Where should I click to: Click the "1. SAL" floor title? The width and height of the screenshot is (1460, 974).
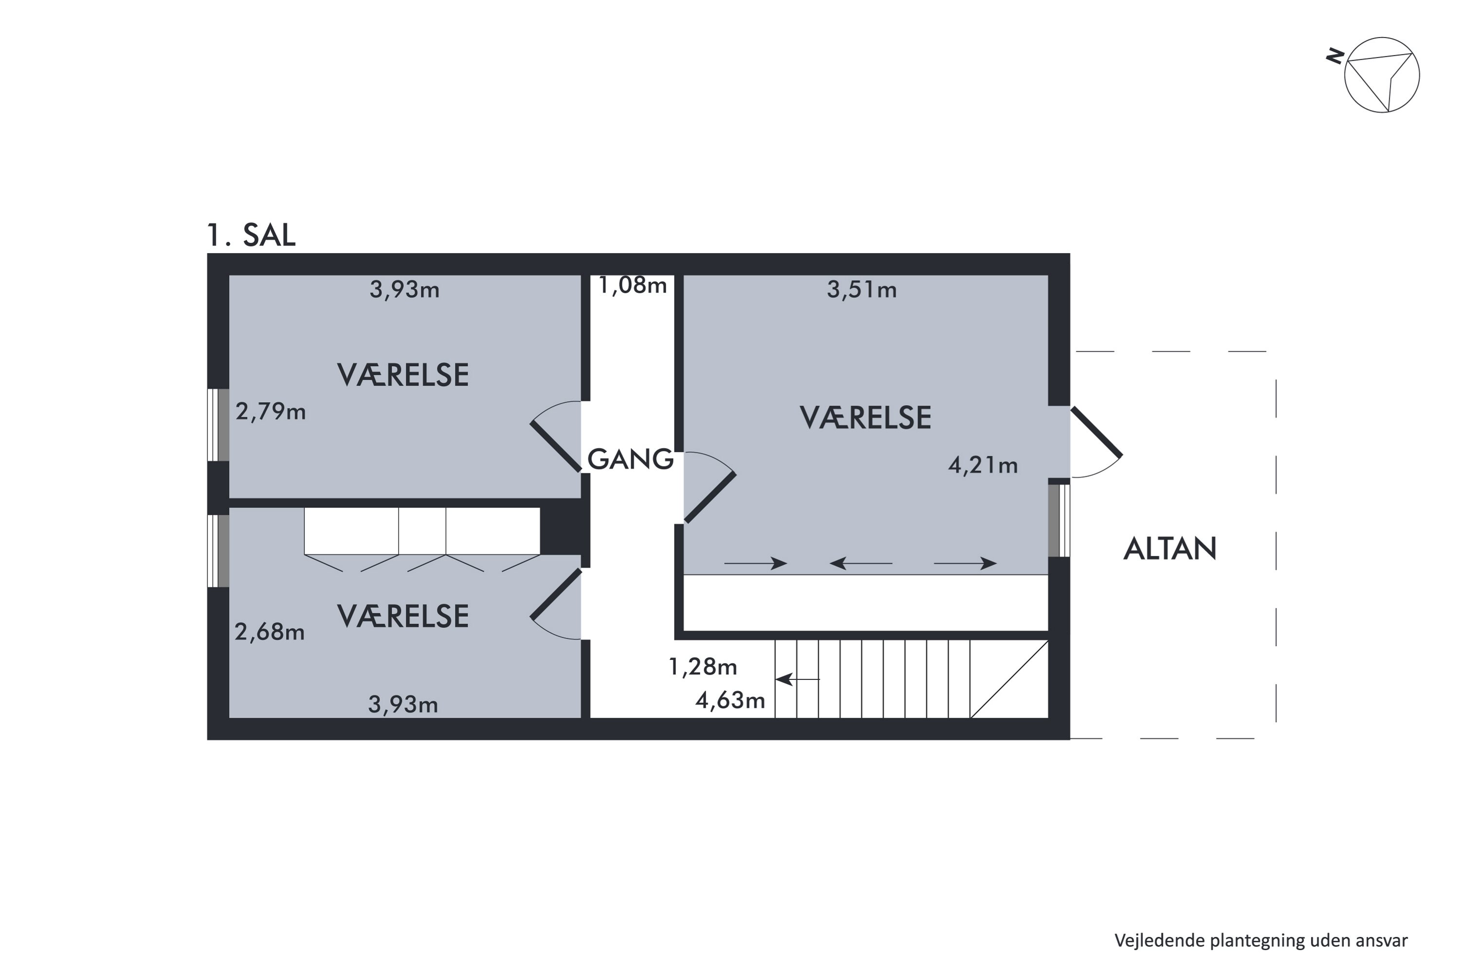pyautogui.click(x=251, y=235)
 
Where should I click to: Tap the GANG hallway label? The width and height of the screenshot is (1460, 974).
pyautogui.click(x=630, y=460)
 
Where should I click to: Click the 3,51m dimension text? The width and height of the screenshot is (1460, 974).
pyautogui.click(x=861, y=290)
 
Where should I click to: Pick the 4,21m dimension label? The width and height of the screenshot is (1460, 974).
pyautogui.click(x=983, y=465)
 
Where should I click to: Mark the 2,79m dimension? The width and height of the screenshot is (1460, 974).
pyautogui.click(x=271, y=412)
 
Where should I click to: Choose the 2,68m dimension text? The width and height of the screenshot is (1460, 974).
pyautogui.click(x=270, y=632)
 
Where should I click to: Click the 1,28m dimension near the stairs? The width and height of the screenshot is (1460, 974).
pyautogui.click(x=703, y=667)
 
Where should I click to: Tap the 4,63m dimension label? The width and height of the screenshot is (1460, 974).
pyautogui.click(x=730, y=701)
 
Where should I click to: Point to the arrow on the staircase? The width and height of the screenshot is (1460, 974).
pyautogui.click(x=797, y=679)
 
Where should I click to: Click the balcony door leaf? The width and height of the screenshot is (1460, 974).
pyautogui.click(x=1096, y=432)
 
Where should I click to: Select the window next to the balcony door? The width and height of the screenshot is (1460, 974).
pyautogui.click(x=1059, y=521)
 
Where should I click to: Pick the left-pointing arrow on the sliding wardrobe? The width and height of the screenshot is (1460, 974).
pyautogui.click(x=860, y=563)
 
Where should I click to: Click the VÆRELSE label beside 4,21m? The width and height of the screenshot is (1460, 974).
pyautogui.click(x=865, y=418)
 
